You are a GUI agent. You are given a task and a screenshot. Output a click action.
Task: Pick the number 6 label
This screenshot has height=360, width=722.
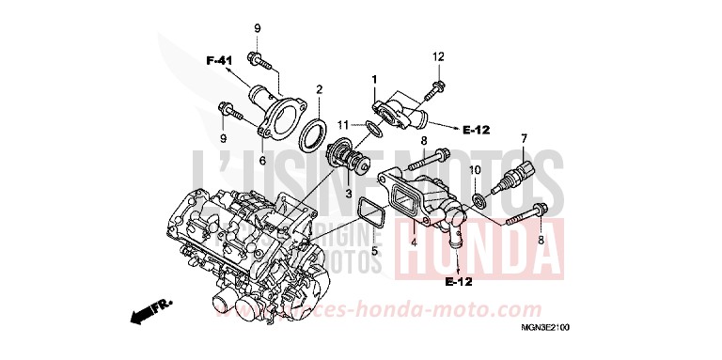tap(263, 161)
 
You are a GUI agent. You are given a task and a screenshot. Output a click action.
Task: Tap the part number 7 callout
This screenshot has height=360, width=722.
tap(524, 139)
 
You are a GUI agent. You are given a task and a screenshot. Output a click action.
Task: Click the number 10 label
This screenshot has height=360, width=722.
tap(475, 169)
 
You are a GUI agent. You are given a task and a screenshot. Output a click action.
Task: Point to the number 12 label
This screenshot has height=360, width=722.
tap(437, 58)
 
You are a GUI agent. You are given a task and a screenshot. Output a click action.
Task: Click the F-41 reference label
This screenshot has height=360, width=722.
tap(219, 61)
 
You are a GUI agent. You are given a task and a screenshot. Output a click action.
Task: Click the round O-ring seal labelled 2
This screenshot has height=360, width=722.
tap(311, 134)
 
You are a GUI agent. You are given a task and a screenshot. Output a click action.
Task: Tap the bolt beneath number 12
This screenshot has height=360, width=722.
tap(433, 92)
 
